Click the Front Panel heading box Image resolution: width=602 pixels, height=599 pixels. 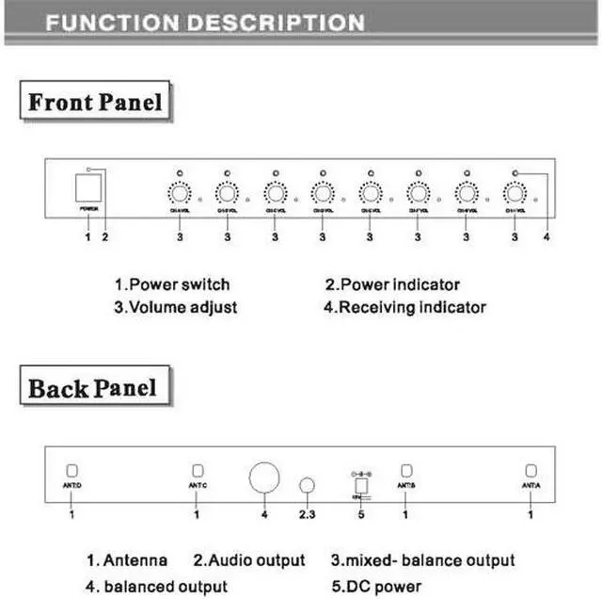click(x=95, y=102)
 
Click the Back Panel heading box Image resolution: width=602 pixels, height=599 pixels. click(x=92, y=387)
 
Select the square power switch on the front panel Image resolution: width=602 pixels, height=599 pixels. click(x=87, y=188)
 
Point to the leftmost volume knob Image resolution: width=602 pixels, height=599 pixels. click(x=179, y=193)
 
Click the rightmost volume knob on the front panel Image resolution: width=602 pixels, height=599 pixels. click(x=515, y=193)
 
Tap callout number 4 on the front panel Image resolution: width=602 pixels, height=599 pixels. click(x=546, y=237)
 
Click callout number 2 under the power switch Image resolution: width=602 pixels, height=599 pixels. click(x=105, y=237)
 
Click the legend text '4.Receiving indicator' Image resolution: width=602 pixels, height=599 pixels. click(x=405, y=306)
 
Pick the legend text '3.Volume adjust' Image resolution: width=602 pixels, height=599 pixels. click(x=176, y=306)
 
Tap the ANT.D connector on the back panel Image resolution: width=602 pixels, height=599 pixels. click(x=71, y=471)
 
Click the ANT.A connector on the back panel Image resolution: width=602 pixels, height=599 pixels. click(x=531, y=470)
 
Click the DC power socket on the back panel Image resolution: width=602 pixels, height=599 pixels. click(x=357, y=484)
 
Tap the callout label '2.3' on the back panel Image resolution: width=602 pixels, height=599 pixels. click(x=307, y=515)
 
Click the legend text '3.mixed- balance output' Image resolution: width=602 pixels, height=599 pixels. click(x=422, y=560)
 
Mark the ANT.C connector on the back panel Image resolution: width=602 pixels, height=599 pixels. click(x=198, y=471)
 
